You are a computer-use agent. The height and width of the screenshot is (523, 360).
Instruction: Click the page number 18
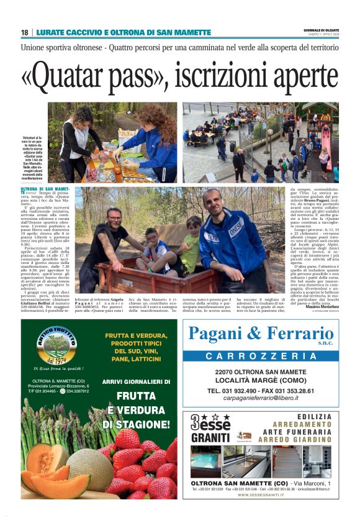(x=25, y=32)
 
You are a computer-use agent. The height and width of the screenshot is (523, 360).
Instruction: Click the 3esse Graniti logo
(x=210, y=427)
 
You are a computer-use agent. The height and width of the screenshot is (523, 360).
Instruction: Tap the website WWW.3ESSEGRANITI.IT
(x=261, y=495)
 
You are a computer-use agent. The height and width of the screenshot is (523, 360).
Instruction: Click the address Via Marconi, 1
(x=310, y=483)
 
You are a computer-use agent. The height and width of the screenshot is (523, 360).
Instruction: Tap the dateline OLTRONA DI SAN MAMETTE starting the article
(x=45, y=189)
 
